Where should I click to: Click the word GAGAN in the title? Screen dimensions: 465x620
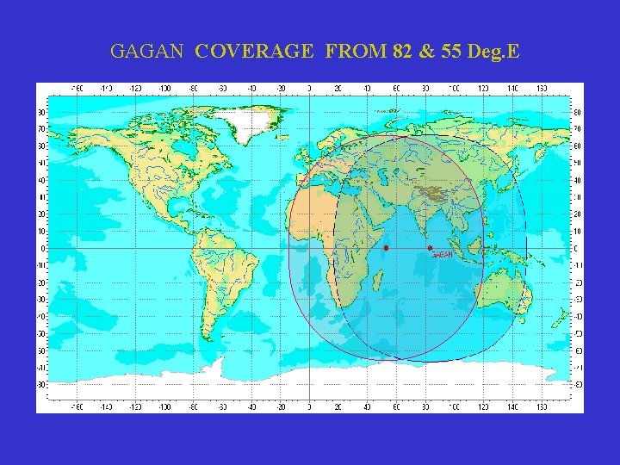click(146, 52)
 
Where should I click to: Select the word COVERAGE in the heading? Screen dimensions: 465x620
click(254, 52)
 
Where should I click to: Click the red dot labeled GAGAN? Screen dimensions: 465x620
click(430, 248)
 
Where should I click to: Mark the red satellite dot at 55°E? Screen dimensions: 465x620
click(387, 248)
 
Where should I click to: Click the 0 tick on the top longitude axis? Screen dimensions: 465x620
click(309, 88)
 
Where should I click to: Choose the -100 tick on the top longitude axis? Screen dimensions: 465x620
click(164, 88)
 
